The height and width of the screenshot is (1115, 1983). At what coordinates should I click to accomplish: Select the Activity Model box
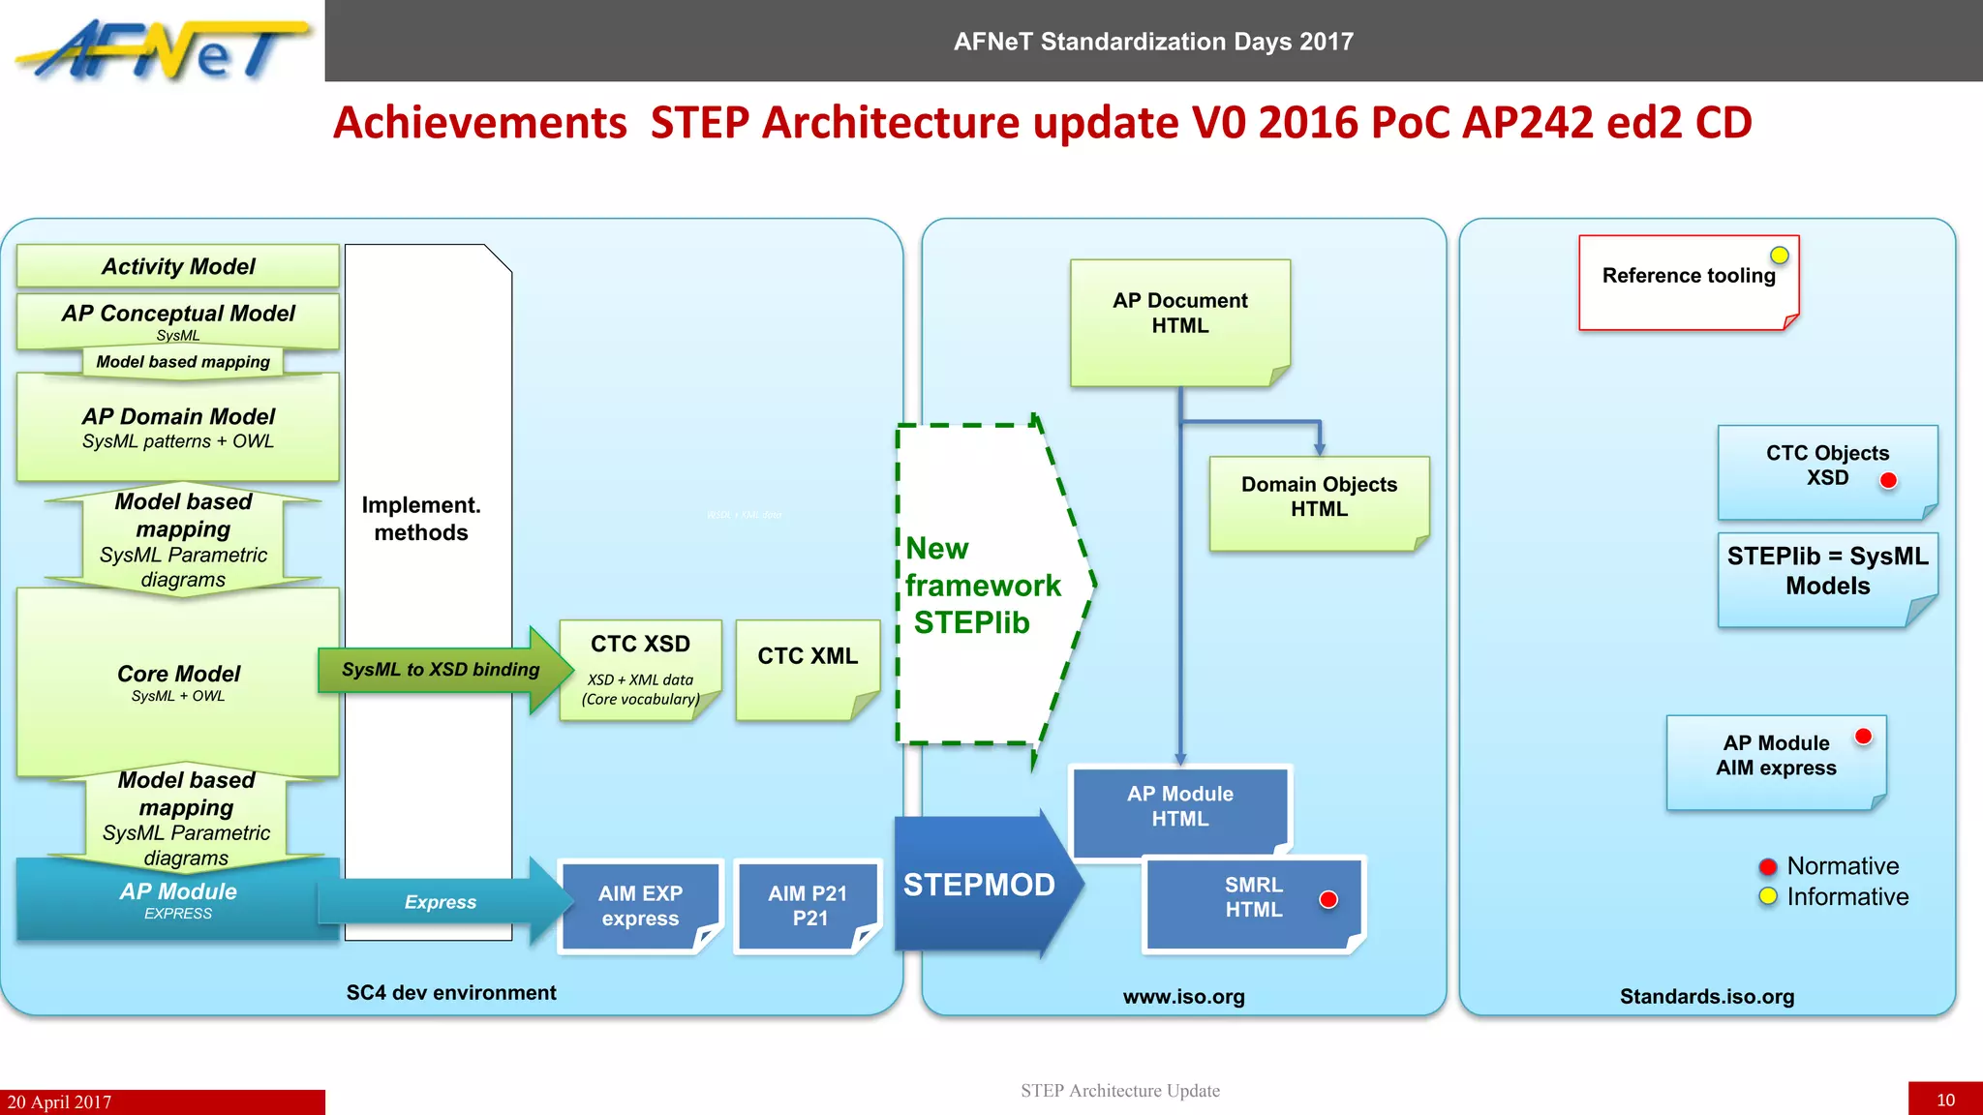[178, 266]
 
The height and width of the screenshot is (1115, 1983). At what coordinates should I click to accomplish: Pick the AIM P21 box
[808, 906]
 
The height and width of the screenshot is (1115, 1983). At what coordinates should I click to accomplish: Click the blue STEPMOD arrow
[980, 885]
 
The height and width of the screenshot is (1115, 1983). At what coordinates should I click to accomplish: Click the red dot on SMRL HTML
[1328, 900]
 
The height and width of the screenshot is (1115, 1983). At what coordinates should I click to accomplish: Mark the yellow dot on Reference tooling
[1780, 256]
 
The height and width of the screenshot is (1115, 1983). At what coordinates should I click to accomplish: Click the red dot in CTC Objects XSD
[1888, 480]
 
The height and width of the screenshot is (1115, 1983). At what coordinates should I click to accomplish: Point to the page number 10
[1945, 1100]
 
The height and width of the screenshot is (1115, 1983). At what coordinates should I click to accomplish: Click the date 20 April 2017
[60, 1102]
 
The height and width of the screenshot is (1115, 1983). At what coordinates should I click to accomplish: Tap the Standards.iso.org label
[1707, 997]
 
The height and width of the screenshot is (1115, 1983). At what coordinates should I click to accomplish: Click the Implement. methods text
[421, 519]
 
